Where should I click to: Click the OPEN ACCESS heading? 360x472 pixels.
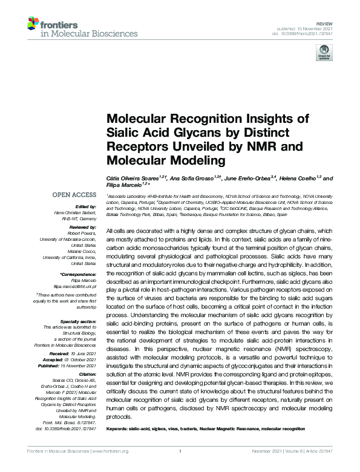pos(75,197)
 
